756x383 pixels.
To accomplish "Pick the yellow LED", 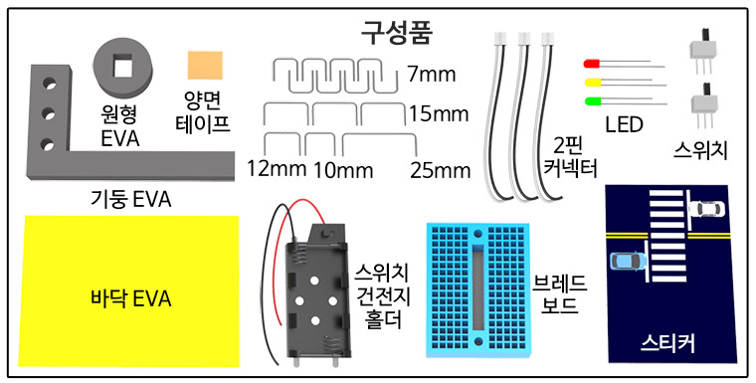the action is click(x=593, y=83).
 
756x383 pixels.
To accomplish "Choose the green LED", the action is click(x=593, y=99).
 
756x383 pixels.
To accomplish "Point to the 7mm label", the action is click(x=433, y=74).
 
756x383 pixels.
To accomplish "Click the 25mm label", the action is click(x=439, y=170).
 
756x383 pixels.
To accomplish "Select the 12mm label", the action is click(x=274, y=169).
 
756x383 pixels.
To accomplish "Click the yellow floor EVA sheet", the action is click(x=130, y=295).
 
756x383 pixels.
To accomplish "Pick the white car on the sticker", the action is click(x=706, y=209).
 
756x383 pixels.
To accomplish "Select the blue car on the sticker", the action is click(x=627, y=262).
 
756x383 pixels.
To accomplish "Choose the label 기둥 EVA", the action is click(x=130, y=200).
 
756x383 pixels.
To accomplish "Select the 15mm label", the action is click(x=438, y=114).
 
